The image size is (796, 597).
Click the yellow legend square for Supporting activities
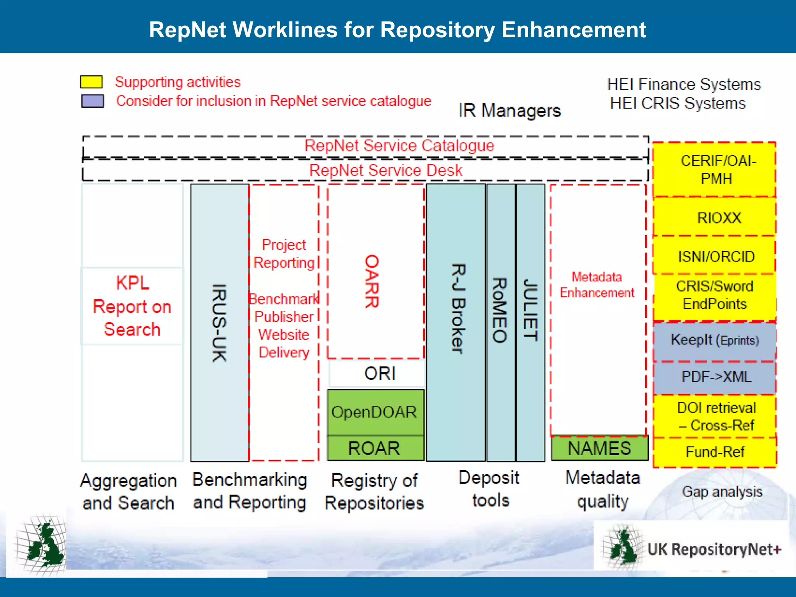click(x=91, y=82)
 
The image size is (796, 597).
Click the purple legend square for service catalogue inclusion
click(x=93, y=101)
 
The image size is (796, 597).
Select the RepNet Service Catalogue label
click(x=399, y=146)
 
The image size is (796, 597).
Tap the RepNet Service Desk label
click(x=386, y=170)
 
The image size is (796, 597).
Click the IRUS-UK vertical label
click(x=219, y=323)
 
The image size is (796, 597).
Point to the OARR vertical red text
click(x=372, y=281)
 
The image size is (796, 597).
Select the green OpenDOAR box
click(x=374, y=412)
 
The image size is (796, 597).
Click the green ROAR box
click(x=374, y=448)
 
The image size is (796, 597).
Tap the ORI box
click(x=379, y=374)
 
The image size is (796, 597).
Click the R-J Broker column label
click(x=457, y=309)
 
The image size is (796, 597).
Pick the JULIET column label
click(x=530, y=310)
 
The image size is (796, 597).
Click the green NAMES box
click(x=599, y=448)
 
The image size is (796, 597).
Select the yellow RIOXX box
click(x=719, y=218)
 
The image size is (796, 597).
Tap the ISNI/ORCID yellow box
click(x=716, y=256)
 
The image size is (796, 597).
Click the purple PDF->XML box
click(x=716, y=377)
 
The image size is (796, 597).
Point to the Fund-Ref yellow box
click(x=715, y=452)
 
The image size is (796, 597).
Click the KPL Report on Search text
click(x=132, y=306)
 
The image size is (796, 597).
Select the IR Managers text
click(x=510, y=111)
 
